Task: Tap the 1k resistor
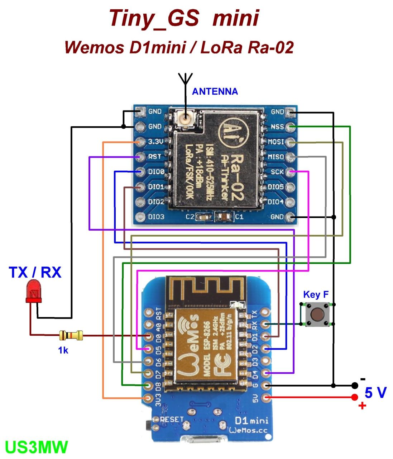(x=71, y=336)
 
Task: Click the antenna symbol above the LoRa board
(x=185, y=79)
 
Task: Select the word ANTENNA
(x=215, y=91)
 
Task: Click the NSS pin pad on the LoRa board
(x=290, y=127)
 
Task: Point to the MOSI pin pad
(x=290, y=142)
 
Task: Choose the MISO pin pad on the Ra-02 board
(x=290, y=157)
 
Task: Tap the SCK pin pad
(x=290, y=172)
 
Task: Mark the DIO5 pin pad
(x=290, y=187)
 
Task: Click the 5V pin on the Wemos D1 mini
(x=265, y=397)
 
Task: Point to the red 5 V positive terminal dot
(x=354, y=397)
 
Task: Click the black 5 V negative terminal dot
(x=354, y=385)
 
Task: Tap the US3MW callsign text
(x=37, y=447)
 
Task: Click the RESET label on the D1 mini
(x=172, y=419)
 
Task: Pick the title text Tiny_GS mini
(x=184, y=18)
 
